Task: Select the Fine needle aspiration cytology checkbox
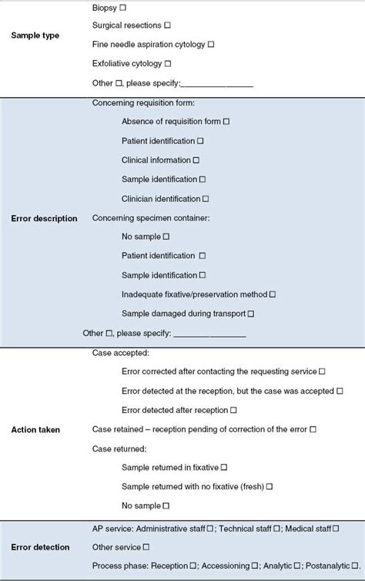(x=210, y=45)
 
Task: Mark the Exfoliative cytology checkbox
(x=168, y=63)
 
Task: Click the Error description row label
(x=45, y=218)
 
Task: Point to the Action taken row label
(x=35, y=429)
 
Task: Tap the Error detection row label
(x=41, y=547)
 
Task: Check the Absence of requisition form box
(x=226, y=122)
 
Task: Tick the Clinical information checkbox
(x=196, y=160)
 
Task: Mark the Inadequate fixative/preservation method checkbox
(x=273, y=294)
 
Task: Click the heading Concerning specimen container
(x=150, y=218)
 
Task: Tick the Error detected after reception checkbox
(x=233, y=410)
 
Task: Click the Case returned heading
(x=119, y=448)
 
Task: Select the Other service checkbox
(x=146, y=547)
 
